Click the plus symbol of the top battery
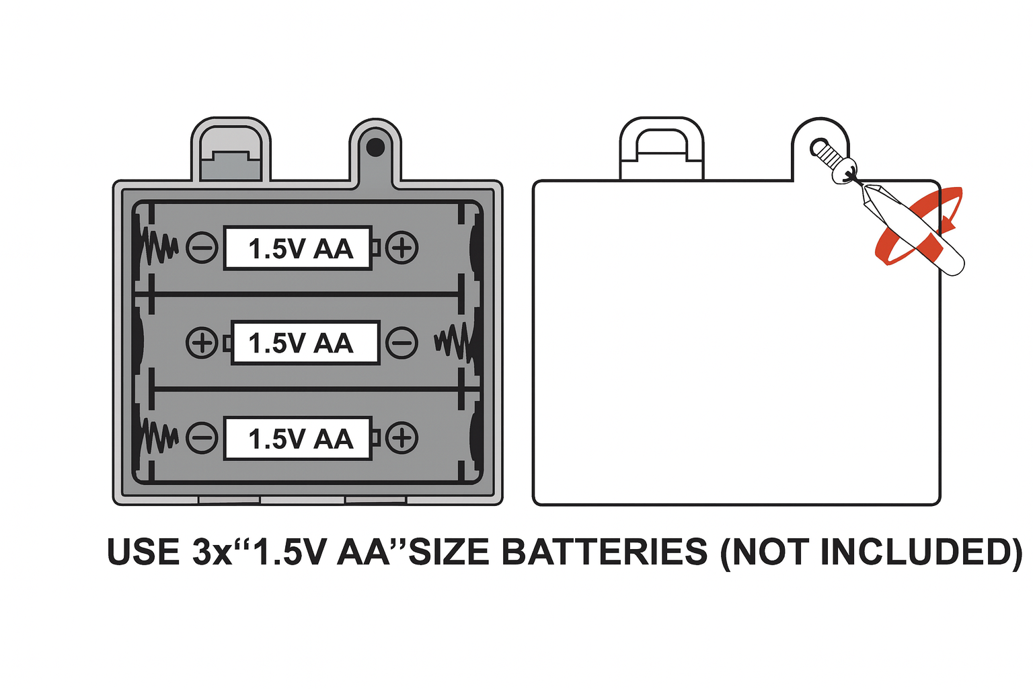402,248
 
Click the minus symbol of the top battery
202,248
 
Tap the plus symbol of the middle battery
202,343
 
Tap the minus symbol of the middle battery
402,343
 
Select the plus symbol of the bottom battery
402,438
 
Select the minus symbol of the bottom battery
202,438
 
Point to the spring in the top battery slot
160,248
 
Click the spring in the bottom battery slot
160,438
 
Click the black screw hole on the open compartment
375,147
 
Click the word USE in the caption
143,552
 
